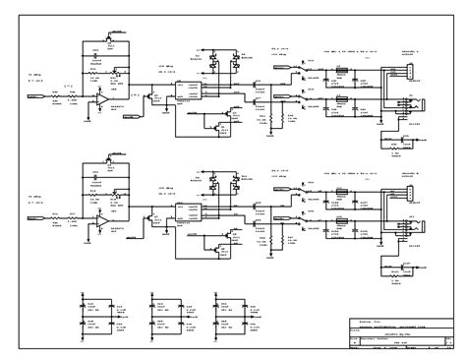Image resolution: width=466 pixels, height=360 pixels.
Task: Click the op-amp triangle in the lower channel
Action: (x=102, y=223)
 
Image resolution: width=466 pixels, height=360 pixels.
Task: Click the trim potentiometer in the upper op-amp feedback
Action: (x=115, y=72)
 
